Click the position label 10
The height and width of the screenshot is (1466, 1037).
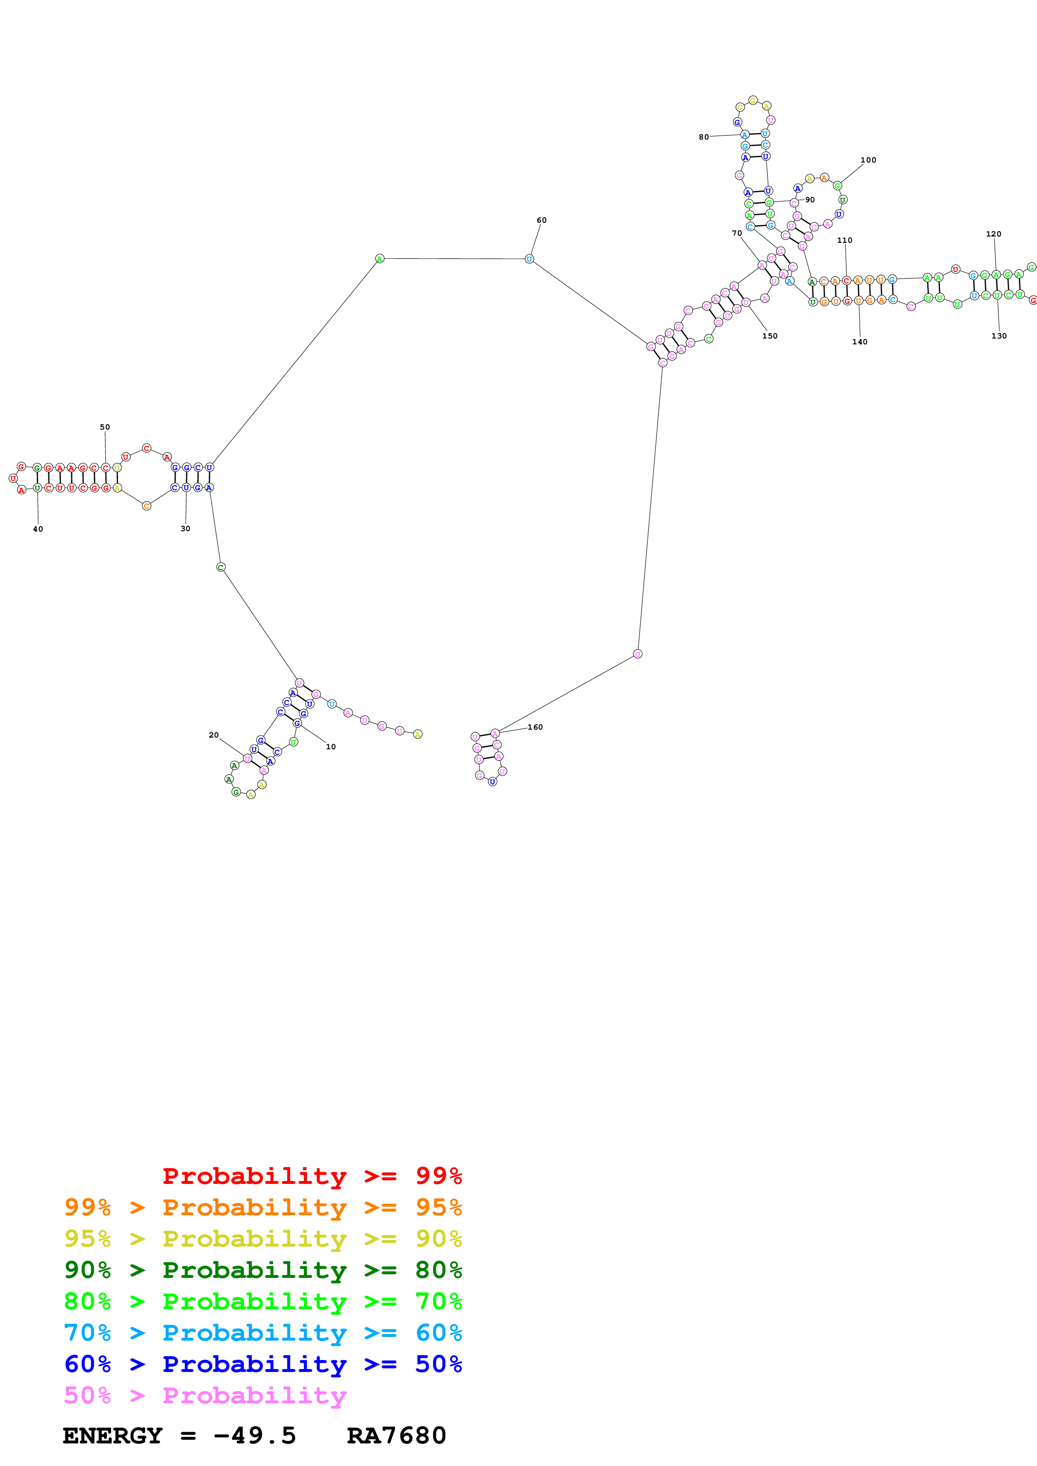330,746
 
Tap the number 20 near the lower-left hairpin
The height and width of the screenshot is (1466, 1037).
213,735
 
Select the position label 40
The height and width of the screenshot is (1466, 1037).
38,529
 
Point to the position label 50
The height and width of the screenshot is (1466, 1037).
105,427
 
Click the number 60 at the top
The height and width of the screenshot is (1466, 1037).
541,220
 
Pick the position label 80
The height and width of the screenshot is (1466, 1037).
704,137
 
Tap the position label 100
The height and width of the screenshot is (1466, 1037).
868,160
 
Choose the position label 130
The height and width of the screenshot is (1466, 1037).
999,336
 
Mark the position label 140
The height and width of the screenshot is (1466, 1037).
859,341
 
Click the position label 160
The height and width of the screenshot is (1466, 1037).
535,727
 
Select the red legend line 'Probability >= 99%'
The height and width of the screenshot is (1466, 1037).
312,1176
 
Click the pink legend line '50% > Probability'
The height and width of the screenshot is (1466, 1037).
205,1396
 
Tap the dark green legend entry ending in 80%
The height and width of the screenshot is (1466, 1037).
263,1270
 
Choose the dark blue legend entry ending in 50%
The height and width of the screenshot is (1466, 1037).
263,1364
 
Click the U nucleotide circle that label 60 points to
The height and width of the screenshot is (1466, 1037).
529,259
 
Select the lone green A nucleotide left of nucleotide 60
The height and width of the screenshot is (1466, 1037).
379,259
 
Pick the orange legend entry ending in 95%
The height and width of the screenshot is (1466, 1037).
263,1207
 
